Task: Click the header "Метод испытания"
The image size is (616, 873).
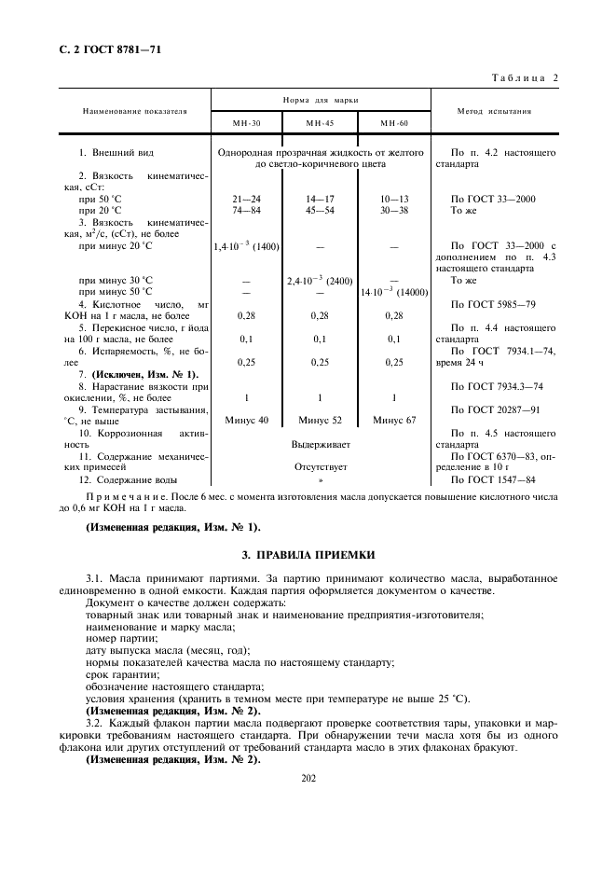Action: click(494, 110)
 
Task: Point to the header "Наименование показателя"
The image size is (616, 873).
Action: click(134, 110)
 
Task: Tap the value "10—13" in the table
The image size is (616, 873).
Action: click(393, 199)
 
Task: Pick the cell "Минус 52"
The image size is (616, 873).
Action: click(319, 421)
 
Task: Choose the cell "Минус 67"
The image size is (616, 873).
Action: click(393, 421)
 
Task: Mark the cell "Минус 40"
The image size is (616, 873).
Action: click(246, 421)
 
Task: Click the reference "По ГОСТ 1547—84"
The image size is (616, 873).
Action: click(493, 479)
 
